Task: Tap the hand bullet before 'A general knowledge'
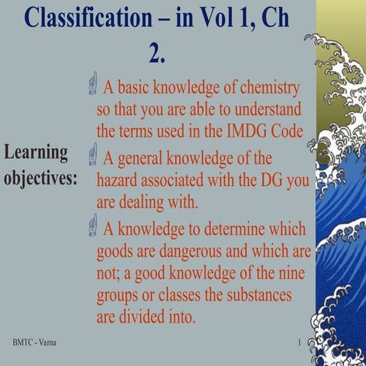(x=92, y=155)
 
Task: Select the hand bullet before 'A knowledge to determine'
(x=92, y=225)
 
